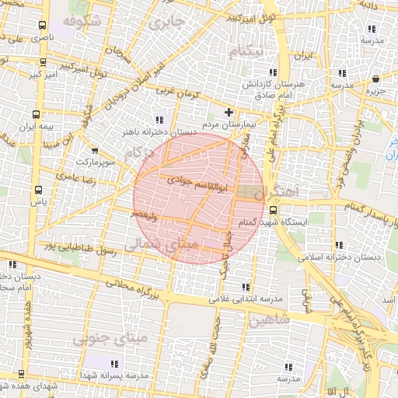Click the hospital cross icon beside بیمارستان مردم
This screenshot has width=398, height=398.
229,112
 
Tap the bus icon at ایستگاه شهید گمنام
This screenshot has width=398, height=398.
274,208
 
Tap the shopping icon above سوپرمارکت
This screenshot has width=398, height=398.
95,151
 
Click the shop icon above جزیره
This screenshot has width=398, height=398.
375,79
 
